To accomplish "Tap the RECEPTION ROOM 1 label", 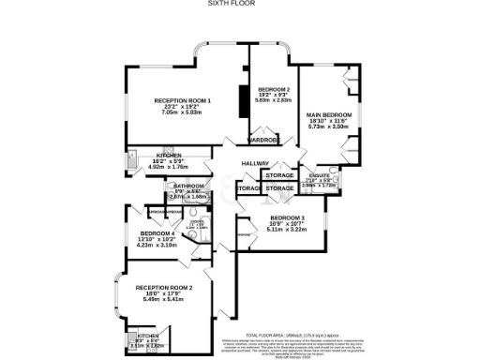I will point(183,100).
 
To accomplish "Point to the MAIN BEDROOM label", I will point(329,115).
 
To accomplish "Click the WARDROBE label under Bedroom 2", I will point(263,141).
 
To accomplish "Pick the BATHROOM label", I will point(191,186).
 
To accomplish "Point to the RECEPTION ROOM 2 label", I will point(163,287).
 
